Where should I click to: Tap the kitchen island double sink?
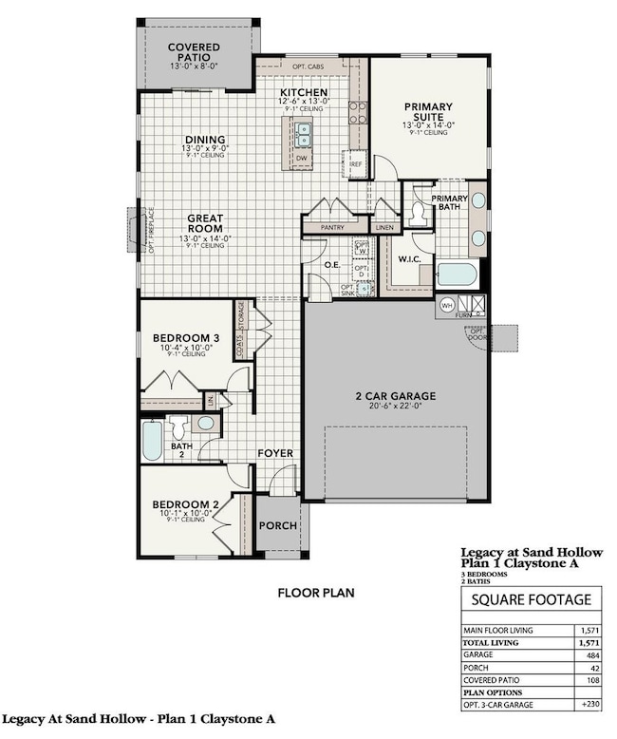click(304, 131)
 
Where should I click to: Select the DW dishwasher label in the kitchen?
click(302, 158)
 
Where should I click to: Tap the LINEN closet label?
click(384, 227)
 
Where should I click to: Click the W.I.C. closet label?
click(409, 258)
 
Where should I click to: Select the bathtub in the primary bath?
click(457, 275)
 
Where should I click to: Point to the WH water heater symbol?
click(446, 305)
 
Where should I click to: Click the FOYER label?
click(275, 453)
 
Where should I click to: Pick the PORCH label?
click(278, 525)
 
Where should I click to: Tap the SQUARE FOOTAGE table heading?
click(532, 600)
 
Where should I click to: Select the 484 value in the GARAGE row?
click(590, 655)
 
